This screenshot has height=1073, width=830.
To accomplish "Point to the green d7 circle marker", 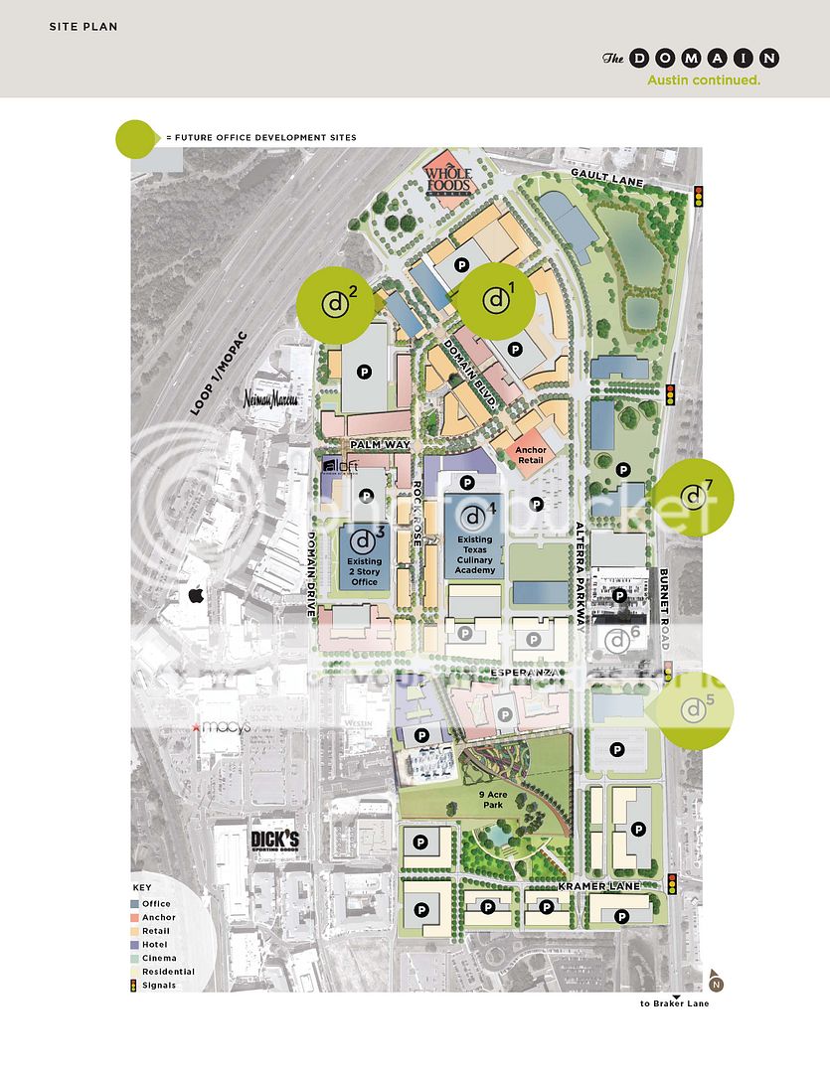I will point(694,495).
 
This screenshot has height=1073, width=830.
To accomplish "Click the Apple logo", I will point(196,595).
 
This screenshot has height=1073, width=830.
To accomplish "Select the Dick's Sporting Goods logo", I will point(274,841).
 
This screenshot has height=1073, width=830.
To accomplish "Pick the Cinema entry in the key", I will point(158,958).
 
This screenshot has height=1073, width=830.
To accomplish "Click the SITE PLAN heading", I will point(83,27).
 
